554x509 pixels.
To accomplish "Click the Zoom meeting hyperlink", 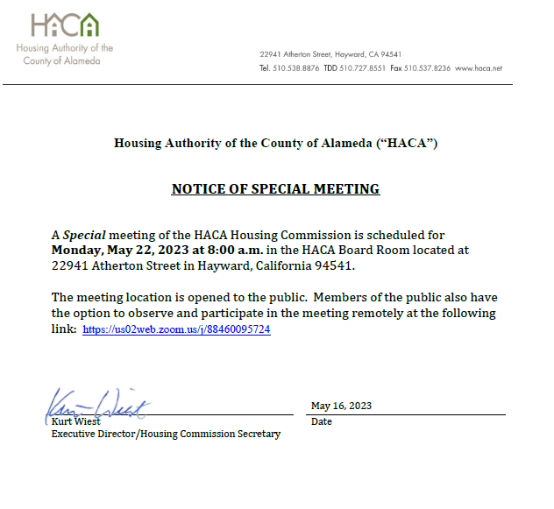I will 176,329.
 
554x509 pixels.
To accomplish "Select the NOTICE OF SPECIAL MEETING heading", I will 275,188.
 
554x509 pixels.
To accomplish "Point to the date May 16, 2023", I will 341,406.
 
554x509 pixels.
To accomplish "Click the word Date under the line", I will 321,422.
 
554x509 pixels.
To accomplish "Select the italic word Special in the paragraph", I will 84,235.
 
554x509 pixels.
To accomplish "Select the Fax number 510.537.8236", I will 427,67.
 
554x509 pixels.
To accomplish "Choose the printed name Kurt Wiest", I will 75,421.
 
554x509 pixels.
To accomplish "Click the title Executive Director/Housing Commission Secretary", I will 166,434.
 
